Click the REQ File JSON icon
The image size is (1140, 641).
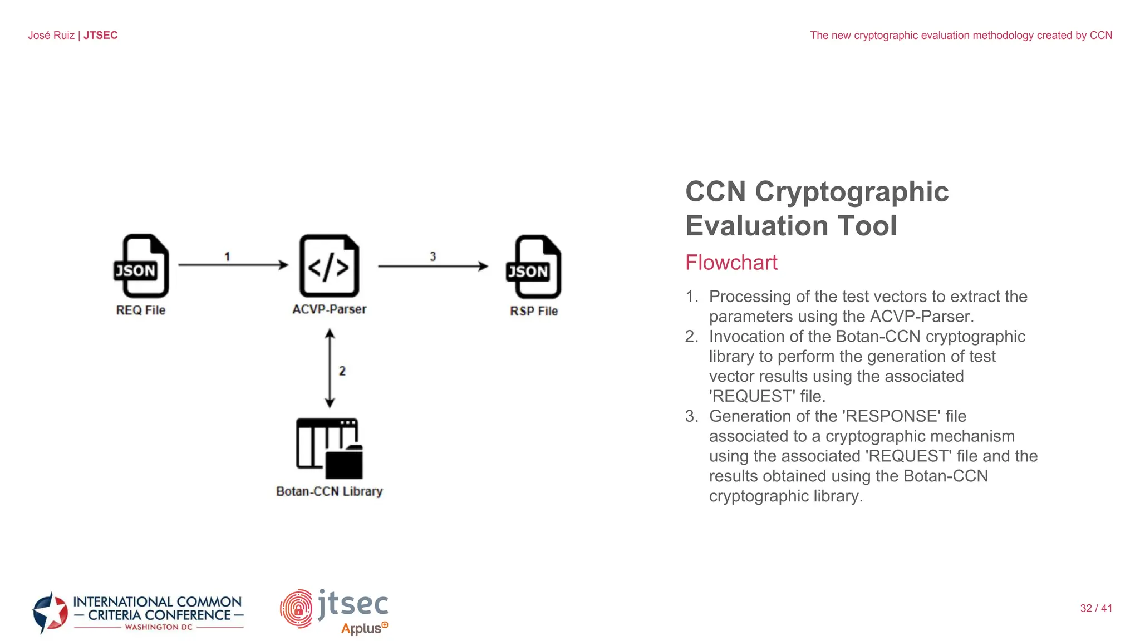coord(141,266)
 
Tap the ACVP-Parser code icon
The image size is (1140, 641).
coord(329,266)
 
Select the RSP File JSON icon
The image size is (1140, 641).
coord(534,267)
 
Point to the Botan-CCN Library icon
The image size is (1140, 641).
coord(330,448)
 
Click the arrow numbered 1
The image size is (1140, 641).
coord(233,265)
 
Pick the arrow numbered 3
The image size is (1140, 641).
coord(433,267)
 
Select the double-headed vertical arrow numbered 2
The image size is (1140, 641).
coord(330,368)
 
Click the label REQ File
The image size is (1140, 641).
coord(141,310)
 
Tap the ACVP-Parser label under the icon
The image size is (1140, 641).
coord(330,309)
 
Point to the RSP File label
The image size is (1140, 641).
coord(534,311)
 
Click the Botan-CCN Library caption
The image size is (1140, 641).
coord(330,491)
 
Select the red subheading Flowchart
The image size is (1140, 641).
coord(731,263)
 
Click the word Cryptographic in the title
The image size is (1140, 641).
coord(852,192)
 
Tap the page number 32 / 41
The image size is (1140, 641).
coord(1096,608)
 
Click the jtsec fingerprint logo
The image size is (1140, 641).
coord(296,609)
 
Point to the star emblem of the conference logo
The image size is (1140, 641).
coord(50,613)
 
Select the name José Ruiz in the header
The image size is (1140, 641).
coord(51,35)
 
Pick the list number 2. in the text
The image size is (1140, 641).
coord(691,337)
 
